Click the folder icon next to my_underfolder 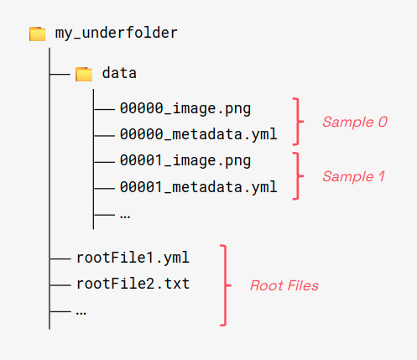37,34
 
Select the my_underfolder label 117,33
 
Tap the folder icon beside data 84,74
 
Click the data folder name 119,73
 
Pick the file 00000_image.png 185,108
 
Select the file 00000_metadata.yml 198,133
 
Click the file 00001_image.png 185,160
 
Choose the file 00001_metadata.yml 198,186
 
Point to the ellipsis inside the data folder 125,214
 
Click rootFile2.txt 132,284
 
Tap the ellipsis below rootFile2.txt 81,310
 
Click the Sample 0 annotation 355,122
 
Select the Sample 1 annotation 353,176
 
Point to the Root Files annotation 284,285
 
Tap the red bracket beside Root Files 224,284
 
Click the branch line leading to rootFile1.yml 60,258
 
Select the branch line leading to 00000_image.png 104,109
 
